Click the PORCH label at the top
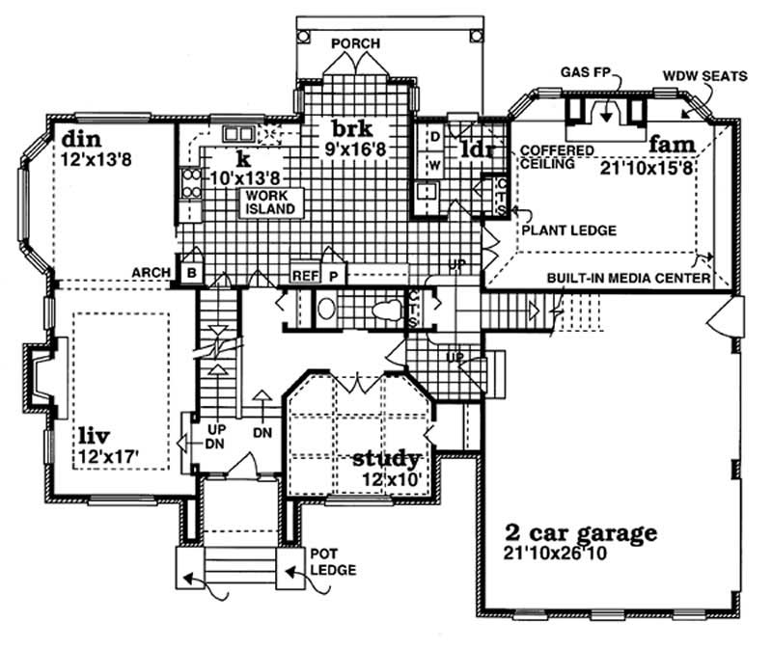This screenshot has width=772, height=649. (x=355, y=43)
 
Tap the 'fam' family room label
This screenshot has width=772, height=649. (x=672, y=144)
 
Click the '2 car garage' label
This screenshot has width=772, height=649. (x=581, y=531)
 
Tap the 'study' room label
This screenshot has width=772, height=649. (x=386, y=457)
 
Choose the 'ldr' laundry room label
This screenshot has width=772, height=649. (x=476, y=149)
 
